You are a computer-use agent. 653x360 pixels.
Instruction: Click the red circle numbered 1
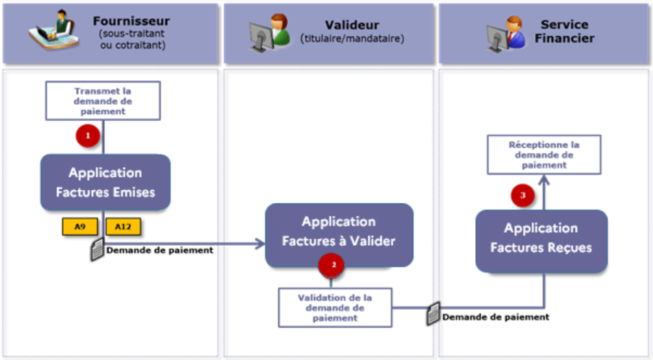point(88,136)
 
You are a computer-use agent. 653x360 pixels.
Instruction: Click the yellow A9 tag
point(80,226)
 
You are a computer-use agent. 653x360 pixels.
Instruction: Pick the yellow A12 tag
point(123,226)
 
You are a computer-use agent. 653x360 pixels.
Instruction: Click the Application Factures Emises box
point(106,182)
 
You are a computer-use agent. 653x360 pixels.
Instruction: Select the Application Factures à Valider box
point(338,231)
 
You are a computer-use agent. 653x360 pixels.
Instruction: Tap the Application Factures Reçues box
point(541,238)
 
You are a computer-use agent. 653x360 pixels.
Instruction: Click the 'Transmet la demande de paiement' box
point(103,101)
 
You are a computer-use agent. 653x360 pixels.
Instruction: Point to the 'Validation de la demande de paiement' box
point(336,307)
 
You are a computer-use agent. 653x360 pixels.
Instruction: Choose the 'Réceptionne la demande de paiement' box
point(544,155)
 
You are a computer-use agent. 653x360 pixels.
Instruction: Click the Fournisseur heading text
point(132,21)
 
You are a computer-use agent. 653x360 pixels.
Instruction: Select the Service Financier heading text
point(563,30)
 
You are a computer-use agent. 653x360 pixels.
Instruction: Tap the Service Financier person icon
point(505,33)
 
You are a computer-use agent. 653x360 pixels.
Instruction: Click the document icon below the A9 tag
point(96,249)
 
